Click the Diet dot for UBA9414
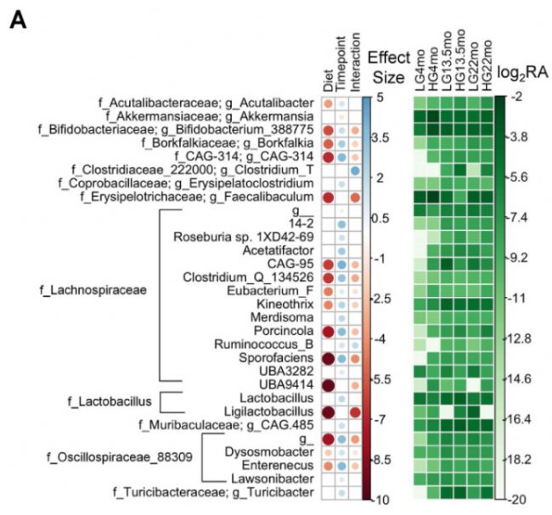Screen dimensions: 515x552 327,384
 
